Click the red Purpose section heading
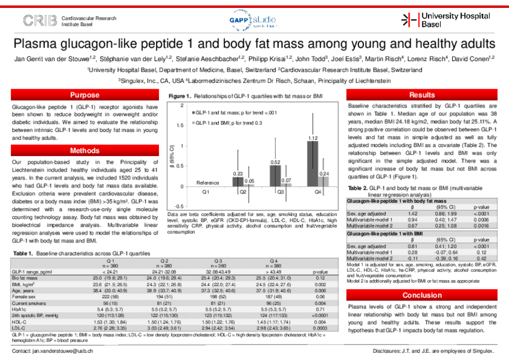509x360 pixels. [85, 95]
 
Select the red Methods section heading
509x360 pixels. [85, 151]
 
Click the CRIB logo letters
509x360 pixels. [41, 21]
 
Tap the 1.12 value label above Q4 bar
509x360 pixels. [312, 139]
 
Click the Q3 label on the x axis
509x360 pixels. [279, 191]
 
